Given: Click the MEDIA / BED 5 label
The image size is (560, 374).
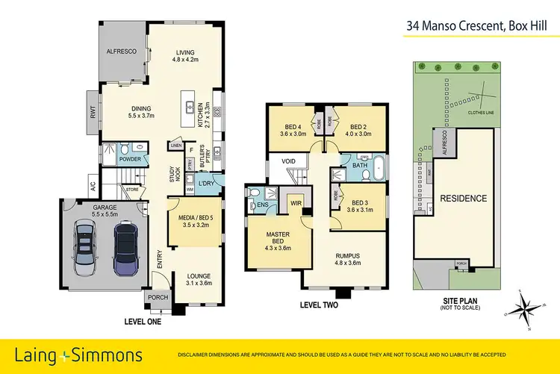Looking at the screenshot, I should coord(193,219).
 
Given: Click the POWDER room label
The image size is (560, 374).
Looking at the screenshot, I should coord(131,158).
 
